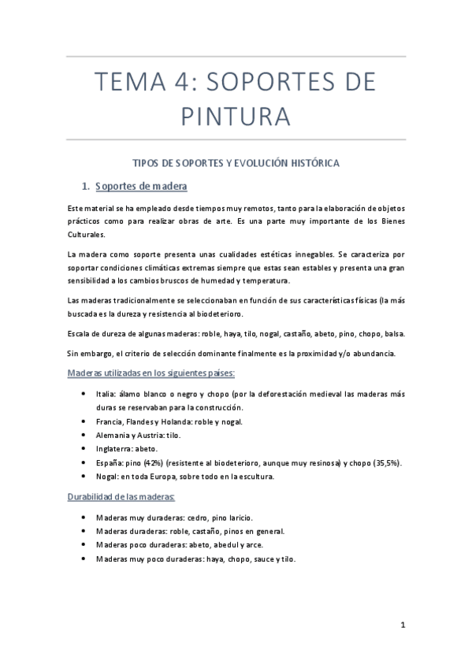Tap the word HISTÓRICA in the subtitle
[x=309, y=163]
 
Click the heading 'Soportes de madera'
[x=140, y=187]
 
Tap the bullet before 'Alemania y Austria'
[x=84, y=435]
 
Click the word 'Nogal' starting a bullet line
[x=107, y=476]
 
